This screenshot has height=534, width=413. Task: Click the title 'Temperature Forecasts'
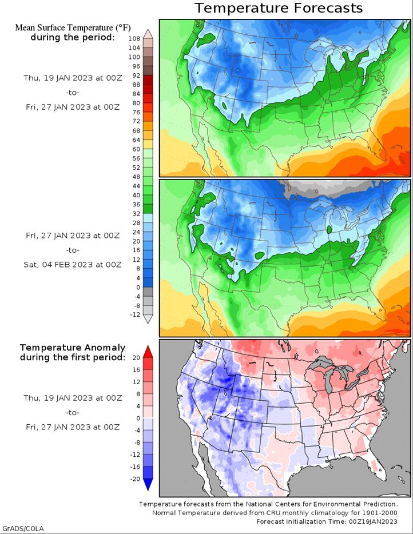click(x=279, y=8)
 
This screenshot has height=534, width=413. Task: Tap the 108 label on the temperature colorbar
click(x=134, y=39)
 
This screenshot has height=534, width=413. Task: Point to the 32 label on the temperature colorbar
click(x=136, y=214)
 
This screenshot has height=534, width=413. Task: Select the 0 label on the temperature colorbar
click(x=138, y=288)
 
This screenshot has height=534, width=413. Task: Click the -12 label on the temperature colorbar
click(x=135, y=314)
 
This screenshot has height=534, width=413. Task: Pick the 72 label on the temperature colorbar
click(x=136, y=121)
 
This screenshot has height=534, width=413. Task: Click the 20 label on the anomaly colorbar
click(x=136, y=357)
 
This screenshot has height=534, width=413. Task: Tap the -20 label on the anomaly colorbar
click(x=135, y=479)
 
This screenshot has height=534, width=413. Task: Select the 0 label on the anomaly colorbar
click(x=138, y=418)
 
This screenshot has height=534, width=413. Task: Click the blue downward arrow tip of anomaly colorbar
click(x=148, y=491)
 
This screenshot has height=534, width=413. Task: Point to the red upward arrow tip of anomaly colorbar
click(x=148, y=346)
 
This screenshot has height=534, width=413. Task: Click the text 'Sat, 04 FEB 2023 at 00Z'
click(x=73, y=265)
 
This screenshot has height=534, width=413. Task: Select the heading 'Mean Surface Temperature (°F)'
click(x=73, y=27)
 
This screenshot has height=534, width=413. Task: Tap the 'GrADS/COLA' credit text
click(x=22, y=528)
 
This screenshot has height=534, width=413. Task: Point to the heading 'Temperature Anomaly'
click(x=73, y=348)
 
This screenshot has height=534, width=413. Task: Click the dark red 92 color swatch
click(x=148, y=79)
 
